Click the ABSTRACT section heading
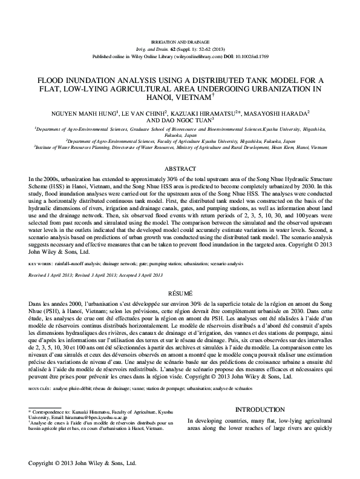click(180, 168)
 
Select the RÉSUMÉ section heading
click(180, 291)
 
